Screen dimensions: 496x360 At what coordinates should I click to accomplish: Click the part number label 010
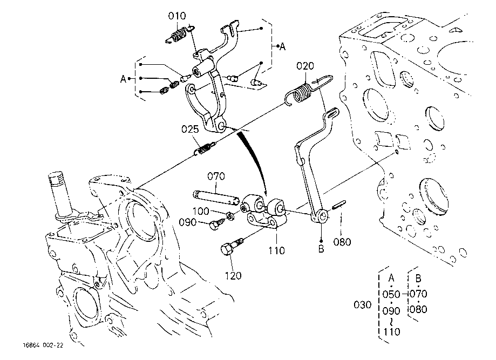coord(177,16)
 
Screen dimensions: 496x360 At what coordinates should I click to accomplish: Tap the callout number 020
coord(305,66)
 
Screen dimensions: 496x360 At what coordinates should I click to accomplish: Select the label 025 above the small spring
coord(190,129)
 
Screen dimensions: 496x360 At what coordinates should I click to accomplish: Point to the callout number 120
coord(233,276)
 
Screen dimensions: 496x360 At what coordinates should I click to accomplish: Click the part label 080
coord(342,242)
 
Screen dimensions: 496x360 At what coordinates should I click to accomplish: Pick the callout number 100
coord(201,211)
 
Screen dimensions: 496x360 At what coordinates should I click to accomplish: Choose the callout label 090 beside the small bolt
coord(188,222)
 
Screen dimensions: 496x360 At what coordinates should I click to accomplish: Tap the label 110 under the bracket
coord(276,250)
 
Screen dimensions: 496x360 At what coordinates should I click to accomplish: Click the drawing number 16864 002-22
coord(43,345)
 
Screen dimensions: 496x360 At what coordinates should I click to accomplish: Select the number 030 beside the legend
coord(362,305)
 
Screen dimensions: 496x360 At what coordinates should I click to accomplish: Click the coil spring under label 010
coord(179,35)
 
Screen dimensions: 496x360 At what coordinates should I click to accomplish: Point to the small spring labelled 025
coord(205,148)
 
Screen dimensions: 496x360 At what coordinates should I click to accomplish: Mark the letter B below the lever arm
coord(321,249)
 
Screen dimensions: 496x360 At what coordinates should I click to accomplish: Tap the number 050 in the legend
coord(391,295)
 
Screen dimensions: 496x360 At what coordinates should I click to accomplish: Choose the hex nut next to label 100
coord(230,216)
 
